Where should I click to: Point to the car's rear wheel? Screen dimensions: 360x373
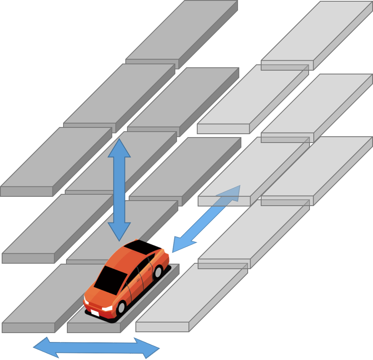tap(158, 273)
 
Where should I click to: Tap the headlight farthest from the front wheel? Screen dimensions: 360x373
tap(86, 301)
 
